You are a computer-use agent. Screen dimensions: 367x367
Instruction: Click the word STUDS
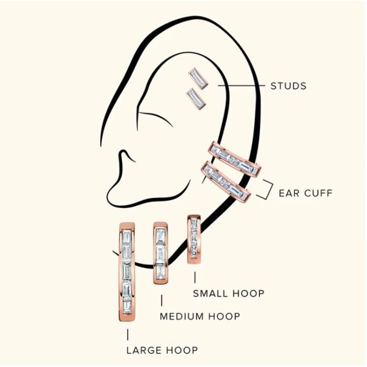[288, 86]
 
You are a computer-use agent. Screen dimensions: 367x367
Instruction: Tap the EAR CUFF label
[305, 193]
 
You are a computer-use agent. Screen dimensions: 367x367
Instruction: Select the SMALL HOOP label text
[229, 294]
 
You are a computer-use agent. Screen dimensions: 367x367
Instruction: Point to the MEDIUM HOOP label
[200, 316]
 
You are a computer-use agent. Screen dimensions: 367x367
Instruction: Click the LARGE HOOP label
[162, 350]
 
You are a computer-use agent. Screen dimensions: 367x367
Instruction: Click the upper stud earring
[198, 79]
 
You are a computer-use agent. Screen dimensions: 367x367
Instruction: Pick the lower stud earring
[196, 99]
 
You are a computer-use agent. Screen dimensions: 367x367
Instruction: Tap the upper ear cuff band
[234, 159]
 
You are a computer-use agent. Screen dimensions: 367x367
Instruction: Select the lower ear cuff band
[226, 182]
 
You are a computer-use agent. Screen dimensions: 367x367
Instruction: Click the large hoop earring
[127, 272]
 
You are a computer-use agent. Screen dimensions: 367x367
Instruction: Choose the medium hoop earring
[161, 253]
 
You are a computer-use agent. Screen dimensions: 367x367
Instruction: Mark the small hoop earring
[194, 239]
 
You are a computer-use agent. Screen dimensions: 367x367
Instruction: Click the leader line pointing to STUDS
[242, 86]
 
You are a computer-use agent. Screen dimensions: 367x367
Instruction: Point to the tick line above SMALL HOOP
[195, 277]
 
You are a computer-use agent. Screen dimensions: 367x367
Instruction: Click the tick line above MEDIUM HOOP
[161, 300]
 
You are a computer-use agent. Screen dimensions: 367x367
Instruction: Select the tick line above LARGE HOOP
[128, 335]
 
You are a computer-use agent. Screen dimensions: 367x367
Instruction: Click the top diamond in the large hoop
[127, 237]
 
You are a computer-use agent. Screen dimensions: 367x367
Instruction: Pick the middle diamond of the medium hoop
[160, 253]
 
